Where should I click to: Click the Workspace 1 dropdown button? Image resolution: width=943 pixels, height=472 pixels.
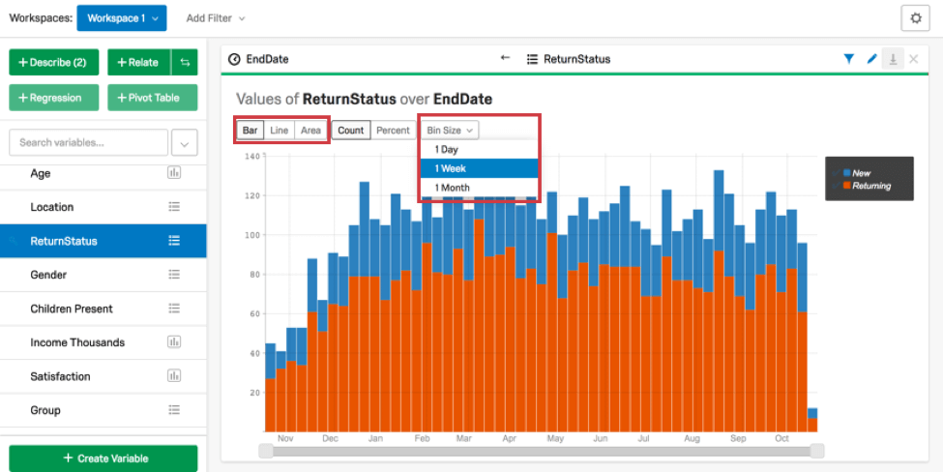click(121, 18)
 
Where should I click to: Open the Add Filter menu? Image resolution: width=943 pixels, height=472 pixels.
click(215, 18)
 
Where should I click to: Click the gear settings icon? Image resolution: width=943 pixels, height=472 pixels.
click(914, 18)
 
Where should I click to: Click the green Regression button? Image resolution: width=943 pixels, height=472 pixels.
click(54, 98)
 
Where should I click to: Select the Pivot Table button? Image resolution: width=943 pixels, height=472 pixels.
click(152, 98)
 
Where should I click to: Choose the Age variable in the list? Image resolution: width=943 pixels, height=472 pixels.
click(41, 173)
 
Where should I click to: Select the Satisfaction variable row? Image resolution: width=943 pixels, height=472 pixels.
click(60, 376)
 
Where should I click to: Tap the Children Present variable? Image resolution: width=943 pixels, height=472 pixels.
click(72, 309)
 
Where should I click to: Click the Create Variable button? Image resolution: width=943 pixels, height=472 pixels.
click(103, 457)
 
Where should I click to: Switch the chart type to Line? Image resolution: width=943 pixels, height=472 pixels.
click(279, 131)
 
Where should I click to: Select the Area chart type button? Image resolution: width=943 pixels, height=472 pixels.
click(309, 131)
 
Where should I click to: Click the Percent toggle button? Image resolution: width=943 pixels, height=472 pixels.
click(393, 131)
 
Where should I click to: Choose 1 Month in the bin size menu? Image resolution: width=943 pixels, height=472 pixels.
click(452, 188)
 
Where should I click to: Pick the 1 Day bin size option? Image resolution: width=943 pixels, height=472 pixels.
click(446, 150)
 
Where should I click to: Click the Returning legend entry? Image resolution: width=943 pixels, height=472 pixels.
click(871, 186)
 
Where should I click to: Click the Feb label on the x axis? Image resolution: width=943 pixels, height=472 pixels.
click(421, 438)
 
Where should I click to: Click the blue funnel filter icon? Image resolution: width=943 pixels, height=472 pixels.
click(848, 59)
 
